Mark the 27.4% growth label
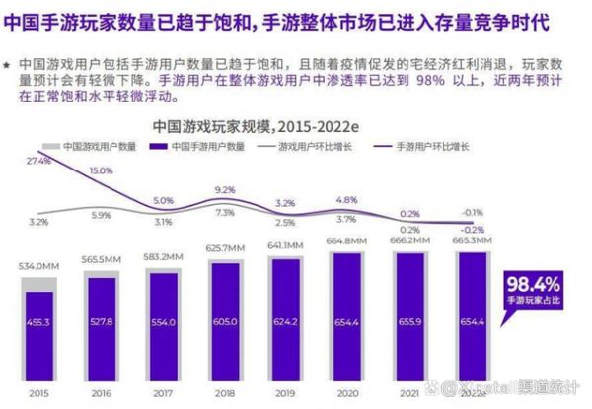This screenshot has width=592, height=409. (39, 160)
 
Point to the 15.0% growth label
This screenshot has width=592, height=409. (102, 171)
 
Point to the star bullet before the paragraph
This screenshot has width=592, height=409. (7, 63)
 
